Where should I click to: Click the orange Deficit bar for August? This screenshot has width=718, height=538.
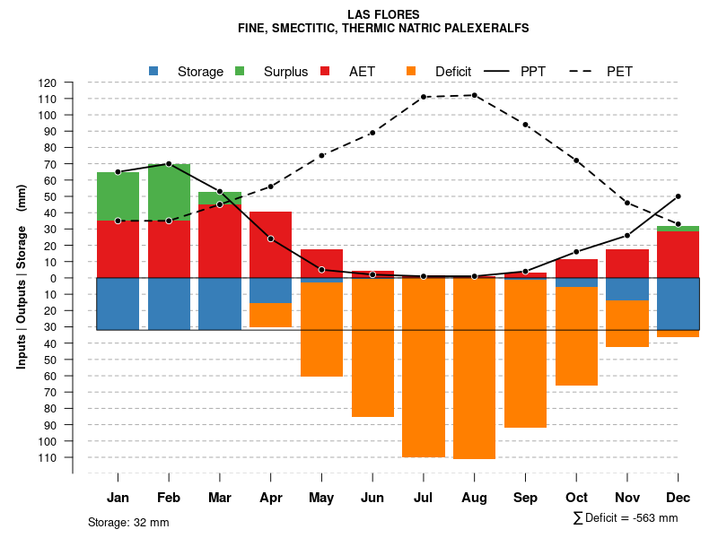[x=474, y=368]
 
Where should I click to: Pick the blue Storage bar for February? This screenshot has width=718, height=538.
[x=169, y=304]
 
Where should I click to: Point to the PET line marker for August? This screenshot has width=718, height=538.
[x=474, y=95]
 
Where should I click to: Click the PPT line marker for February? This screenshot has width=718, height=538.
[x=169, y=163]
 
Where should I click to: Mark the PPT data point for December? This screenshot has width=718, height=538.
[x=678, y=196]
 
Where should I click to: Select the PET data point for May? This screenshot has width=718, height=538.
[x=321, y=155]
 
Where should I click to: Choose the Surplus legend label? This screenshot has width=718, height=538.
[x=285, y=72]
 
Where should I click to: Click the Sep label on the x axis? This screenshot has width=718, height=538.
[x=525, y=498]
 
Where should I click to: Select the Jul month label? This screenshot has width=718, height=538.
[x=424, y=498]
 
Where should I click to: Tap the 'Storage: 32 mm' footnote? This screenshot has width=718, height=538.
[x=128, y=522]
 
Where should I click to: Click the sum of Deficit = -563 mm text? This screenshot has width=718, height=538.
[x=626, y=518]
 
